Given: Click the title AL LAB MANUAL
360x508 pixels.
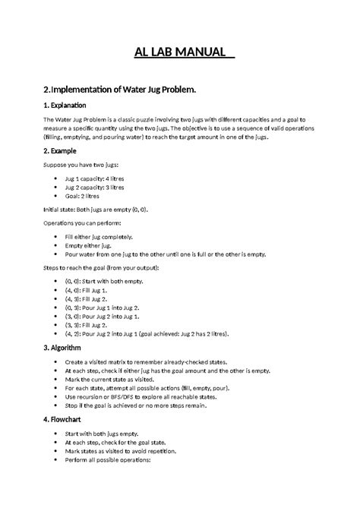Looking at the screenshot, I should tap(180, 53).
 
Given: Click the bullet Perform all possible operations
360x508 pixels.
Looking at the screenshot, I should tap(108, 459).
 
